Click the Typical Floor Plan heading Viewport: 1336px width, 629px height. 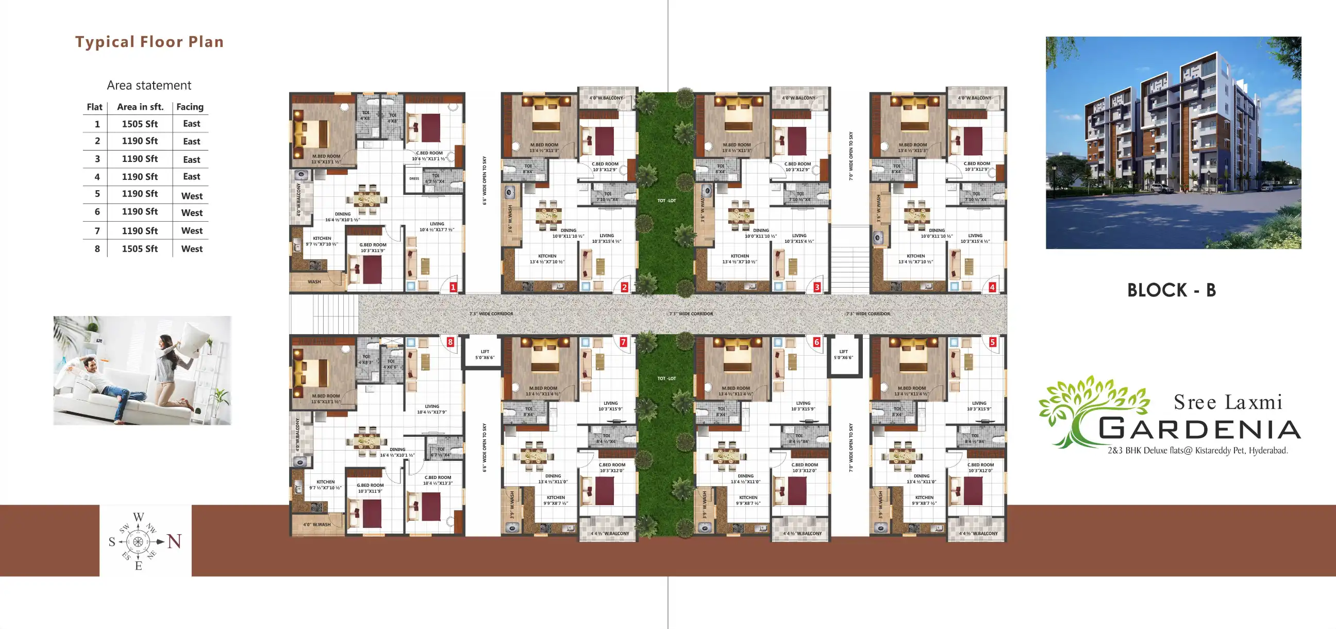[149, 42]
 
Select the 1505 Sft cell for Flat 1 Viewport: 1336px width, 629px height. [140, 124]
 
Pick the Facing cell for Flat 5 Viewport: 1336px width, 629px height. [191, 195]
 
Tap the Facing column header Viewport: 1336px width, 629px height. [190, 107]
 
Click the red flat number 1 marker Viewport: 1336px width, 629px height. [453, 287]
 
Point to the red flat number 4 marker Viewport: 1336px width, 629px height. [992, 287]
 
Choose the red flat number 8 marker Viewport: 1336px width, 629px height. [450, 342]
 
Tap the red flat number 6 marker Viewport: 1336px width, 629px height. [816, 342]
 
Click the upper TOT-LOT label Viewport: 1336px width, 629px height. [666, 201]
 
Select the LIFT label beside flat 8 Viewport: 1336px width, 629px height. [485, 355]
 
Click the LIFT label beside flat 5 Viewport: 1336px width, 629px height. [843, 355]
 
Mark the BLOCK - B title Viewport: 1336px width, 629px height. [1171, 290]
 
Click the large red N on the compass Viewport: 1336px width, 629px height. [174, 542]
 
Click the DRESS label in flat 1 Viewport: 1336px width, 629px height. [414, 178]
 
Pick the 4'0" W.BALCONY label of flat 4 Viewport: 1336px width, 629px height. [974, 98]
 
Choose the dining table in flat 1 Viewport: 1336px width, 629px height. [366, 199]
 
